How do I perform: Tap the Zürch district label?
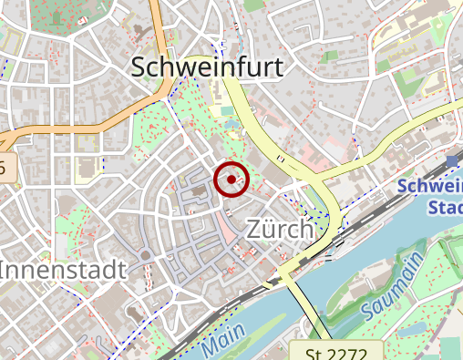tap(280, 230)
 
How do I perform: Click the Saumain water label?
tap(392, 288)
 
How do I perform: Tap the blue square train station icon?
tap(453, 161)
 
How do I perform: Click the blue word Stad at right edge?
tap(445, 208)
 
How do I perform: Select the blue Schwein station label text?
tap(430, 187)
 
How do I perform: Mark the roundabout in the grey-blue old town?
tap(145, 255)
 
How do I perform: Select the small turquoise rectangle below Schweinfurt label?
tap(227, 111)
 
